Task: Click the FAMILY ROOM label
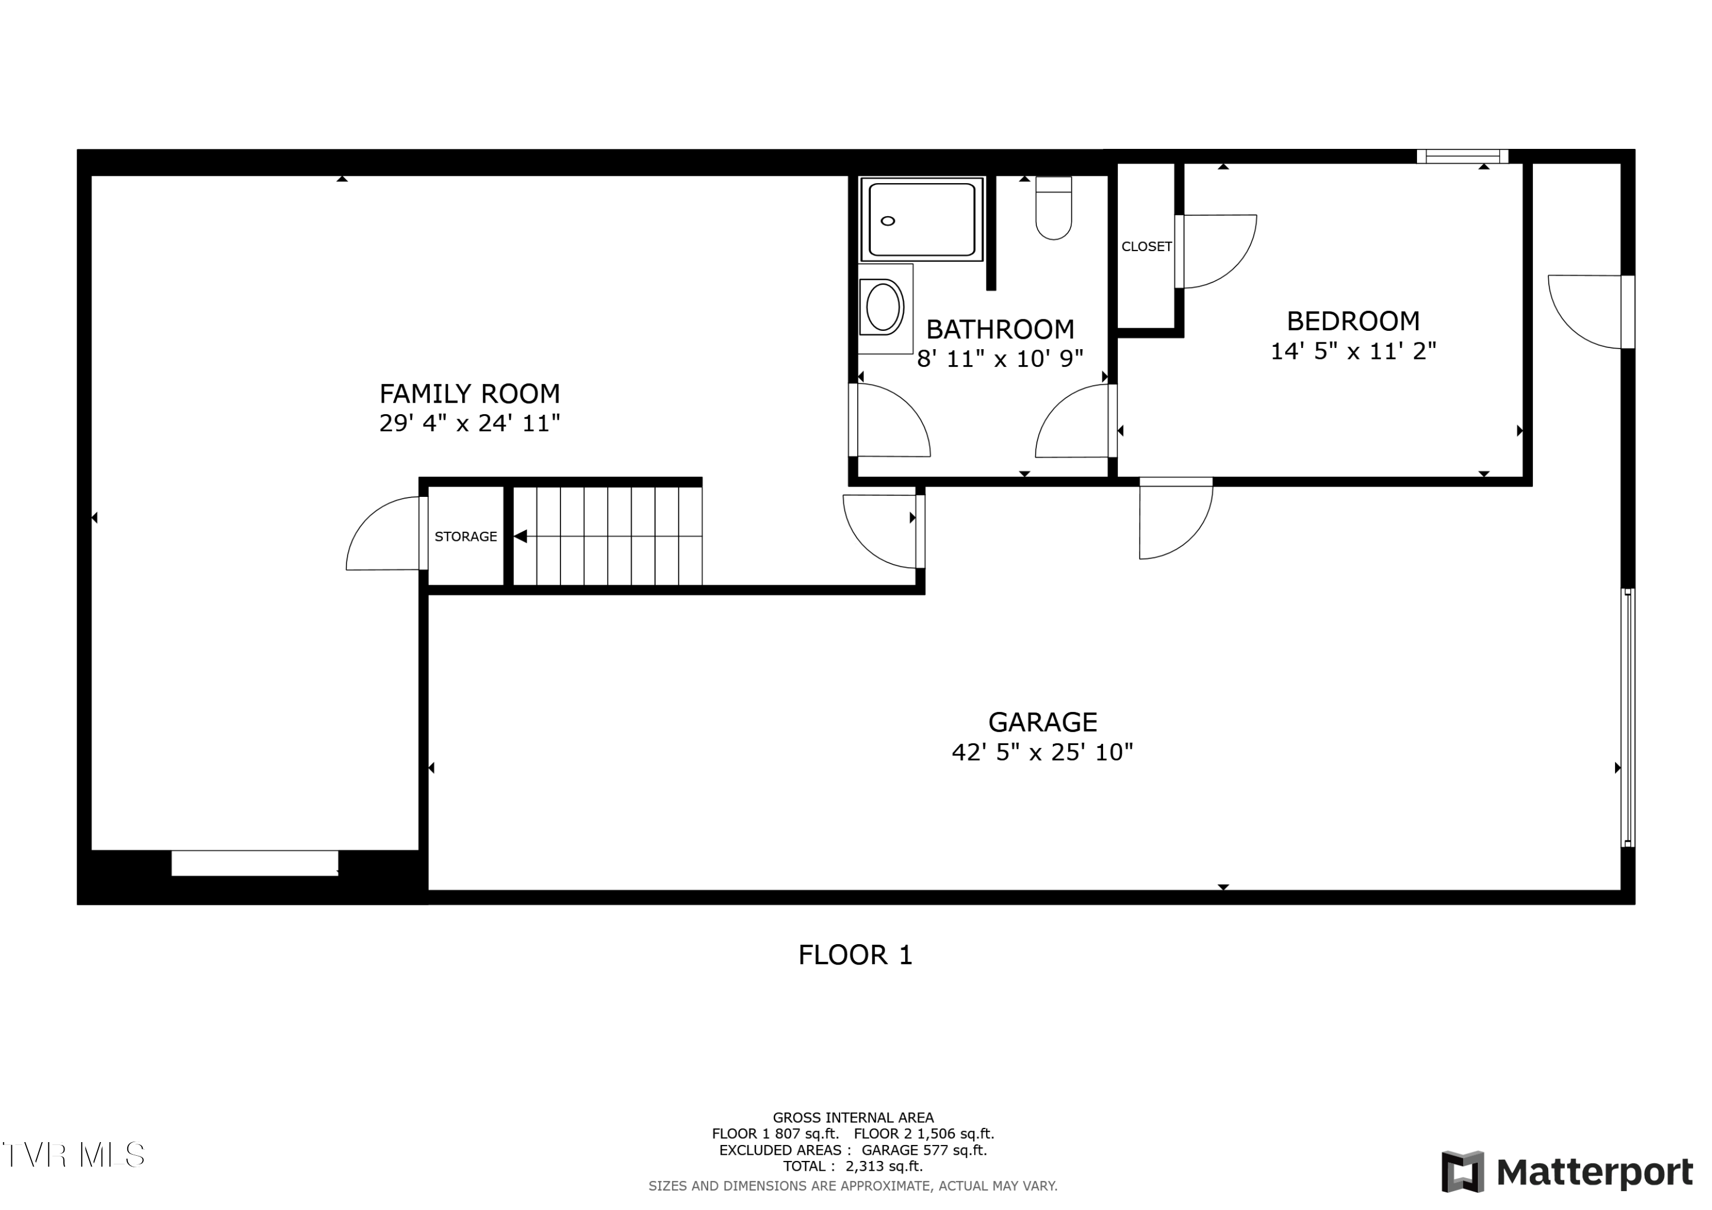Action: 469,394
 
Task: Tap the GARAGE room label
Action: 1043,722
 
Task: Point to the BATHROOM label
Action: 1000,330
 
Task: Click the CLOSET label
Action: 1146,247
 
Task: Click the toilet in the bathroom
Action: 1053,208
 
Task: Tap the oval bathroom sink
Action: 883,306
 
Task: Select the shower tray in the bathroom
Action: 922,219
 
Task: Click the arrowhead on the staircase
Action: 520,536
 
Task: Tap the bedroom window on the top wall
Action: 1462,156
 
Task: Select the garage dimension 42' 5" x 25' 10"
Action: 1043,752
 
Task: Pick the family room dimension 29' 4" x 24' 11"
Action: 469,423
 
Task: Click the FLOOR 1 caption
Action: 855,955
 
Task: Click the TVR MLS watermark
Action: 74,1155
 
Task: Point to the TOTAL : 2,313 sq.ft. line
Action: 853,1166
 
